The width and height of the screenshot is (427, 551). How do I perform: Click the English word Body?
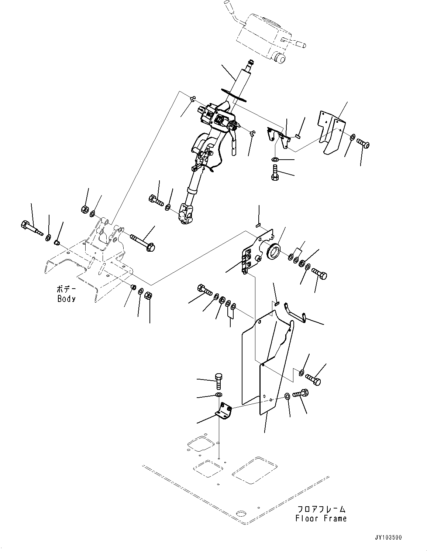click(66, 299)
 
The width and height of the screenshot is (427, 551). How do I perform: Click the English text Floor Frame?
click(321, 518)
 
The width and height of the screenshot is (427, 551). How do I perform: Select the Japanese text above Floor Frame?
click(321, 509)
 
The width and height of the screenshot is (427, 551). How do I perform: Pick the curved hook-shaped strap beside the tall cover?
click(296, 312)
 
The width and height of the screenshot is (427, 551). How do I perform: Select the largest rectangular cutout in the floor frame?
click(252, 470)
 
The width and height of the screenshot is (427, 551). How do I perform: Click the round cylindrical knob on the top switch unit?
click(279, 58)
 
